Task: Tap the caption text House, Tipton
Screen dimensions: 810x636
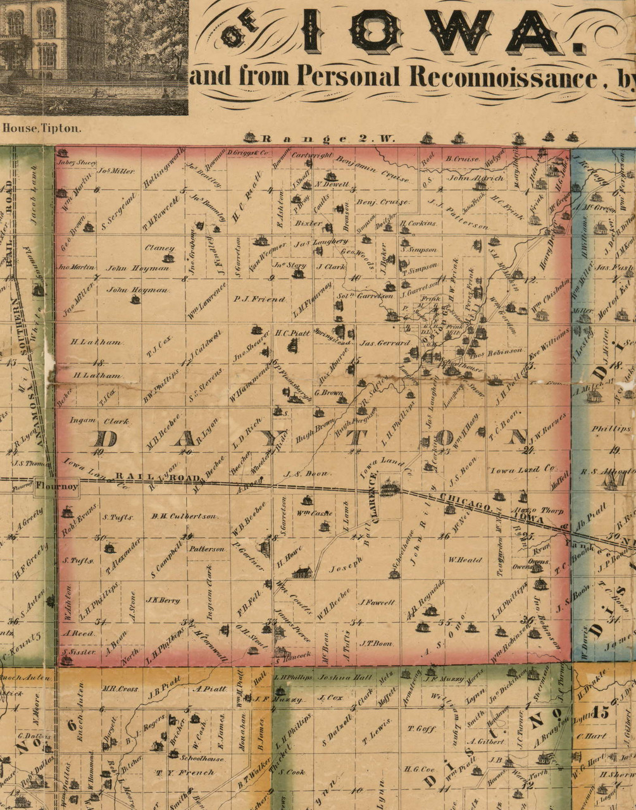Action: coord(42,127)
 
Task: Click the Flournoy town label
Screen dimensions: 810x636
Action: coord(57,486)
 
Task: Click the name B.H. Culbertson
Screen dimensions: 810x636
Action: coord(185,516)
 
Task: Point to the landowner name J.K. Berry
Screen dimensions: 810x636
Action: coord(163,600)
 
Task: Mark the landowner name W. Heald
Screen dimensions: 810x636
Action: coord(465,559)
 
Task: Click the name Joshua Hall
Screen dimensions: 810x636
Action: coord(339,676)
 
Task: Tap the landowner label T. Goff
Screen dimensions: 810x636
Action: coord(421,728)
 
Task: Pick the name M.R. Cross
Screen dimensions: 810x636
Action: coord(120,689)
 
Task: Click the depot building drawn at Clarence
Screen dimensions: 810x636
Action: coord(389,487)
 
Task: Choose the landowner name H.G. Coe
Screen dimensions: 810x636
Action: coord(420,769)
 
